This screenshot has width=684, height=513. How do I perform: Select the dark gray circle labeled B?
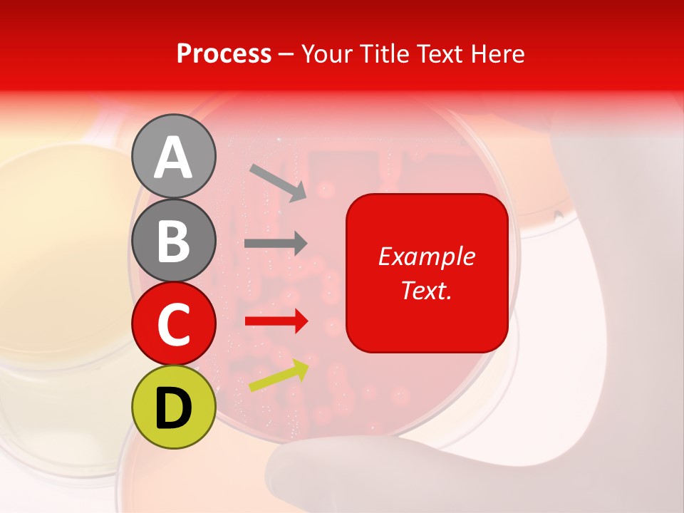(173, 241)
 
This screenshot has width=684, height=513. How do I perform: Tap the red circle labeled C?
(173, 323)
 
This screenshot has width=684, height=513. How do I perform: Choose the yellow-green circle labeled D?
(173, 407)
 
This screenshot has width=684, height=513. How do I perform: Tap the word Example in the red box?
(427, 257)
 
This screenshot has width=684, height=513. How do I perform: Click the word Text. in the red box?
(427, 290)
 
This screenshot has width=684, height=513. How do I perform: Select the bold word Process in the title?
(224, 53)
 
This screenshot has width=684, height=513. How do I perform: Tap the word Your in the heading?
(326, 53)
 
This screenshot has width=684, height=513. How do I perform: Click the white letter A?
(173, 157)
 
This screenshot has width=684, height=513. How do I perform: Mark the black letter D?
(173, 408)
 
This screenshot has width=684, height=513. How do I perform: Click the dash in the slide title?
(286, 54)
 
